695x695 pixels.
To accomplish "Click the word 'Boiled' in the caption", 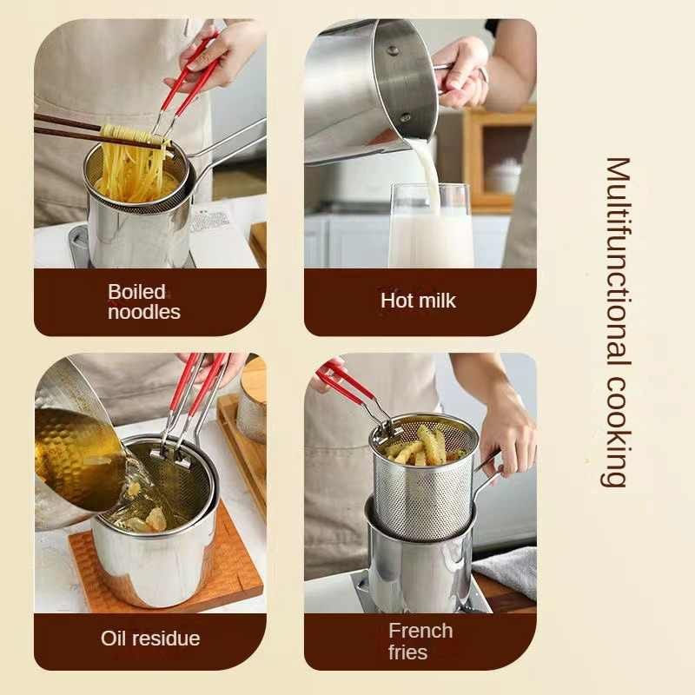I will (136, 292).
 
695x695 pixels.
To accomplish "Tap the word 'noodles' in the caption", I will (144, 312).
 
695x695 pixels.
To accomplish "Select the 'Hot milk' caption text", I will (418, 301).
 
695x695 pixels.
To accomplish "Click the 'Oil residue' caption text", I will (150, 639).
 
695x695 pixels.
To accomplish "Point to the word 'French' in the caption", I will (420, 631).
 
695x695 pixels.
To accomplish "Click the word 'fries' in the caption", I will (408, 652).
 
